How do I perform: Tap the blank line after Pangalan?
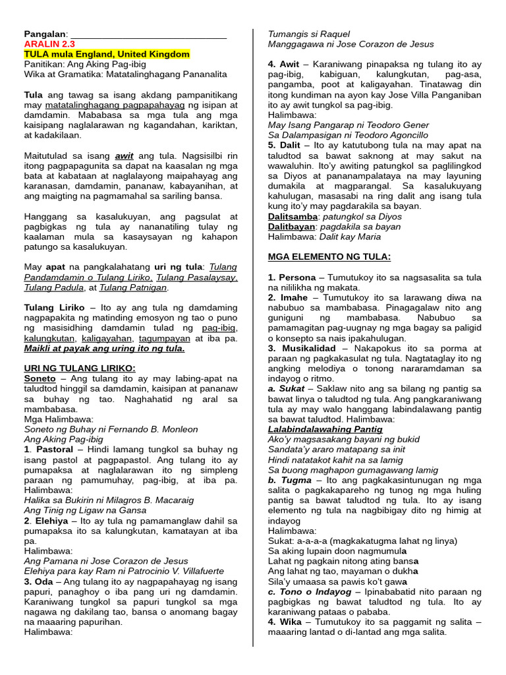click(148, 34)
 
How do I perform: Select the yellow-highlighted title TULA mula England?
click(107, 54)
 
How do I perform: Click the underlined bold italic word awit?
click(124, 156)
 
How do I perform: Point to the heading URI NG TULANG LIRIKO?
click(79, 368)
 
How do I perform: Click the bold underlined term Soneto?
click(40, 378)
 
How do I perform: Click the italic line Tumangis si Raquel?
click(308, 34)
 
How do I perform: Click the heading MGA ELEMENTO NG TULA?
click(329, 256)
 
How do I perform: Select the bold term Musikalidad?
click(307, 348)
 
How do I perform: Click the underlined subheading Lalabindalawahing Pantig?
click(325, 429)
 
